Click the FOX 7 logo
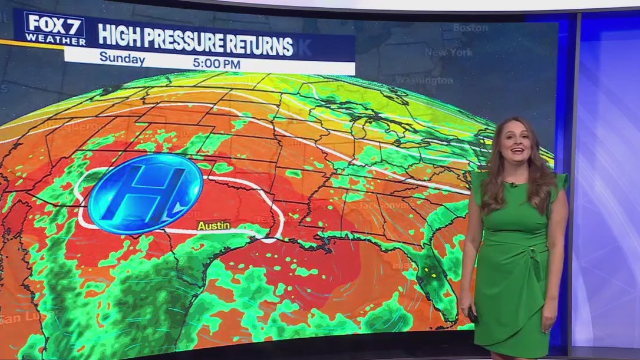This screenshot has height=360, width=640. click(x=55, y=25)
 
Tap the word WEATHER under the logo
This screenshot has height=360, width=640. click(x=55, y=40)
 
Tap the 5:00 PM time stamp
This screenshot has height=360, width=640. click(x=216, y=63)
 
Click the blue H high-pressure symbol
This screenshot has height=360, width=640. click(x=145, y=193)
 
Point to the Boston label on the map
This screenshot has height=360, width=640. click(x=470, y=28)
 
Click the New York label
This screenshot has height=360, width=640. click(x=448, y=52)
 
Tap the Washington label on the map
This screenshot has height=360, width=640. click(x=424, y=80)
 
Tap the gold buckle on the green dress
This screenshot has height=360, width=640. click(x=533, y=250)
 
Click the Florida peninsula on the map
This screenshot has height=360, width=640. click(x=435, y=277)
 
